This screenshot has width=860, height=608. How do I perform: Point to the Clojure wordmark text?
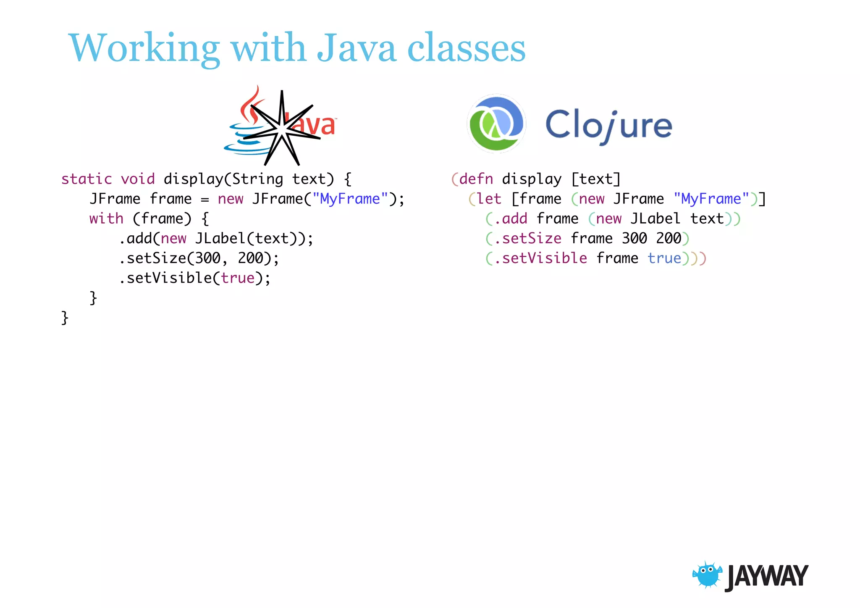click(608, 125)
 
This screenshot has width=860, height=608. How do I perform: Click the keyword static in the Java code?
click(87, 179)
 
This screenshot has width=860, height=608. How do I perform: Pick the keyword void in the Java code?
click(138, 179)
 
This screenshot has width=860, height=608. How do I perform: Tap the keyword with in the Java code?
click(106, 219)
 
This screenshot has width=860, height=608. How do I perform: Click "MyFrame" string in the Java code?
click(350, 199)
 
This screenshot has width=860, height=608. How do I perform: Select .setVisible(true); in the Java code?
click(195, 278)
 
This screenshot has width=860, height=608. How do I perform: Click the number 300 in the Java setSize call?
click(207, 258)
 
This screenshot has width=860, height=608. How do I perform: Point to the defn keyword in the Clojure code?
click(476, 179)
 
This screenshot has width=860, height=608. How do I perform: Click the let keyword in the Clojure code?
click(489, 199)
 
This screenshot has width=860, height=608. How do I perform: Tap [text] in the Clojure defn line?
click(596, 179)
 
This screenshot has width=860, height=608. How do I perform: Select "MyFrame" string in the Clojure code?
click(711, 199)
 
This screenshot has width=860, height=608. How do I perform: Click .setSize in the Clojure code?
click(527, 239)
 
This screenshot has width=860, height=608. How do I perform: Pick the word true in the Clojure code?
click(664, 258)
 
